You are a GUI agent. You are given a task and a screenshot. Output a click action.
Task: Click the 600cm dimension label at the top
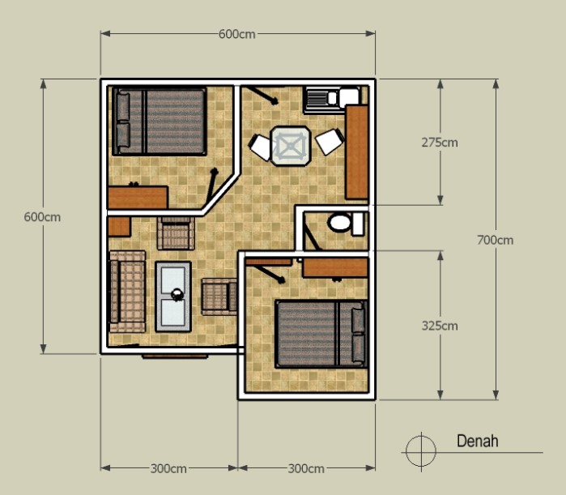coord(237,34)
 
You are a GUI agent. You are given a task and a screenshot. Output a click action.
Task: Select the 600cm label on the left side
coord(42,217)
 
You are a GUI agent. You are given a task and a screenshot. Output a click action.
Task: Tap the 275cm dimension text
coord(440,142)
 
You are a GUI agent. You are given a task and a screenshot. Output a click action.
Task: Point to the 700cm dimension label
coord(495,240)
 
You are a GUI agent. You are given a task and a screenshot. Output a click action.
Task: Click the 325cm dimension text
coord(440,326)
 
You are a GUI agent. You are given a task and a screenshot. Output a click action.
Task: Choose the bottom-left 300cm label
coord(168,469)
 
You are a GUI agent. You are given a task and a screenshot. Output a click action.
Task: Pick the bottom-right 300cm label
coord(306,469)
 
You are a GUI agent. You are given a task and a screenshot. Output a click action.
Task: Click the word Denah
coord(477,442)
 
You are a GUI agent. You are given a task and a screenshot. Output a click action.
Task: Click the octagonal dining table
coord(290,145)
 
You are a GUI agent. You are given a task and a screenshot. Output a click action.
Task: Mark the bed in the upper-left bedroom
coord(160,122)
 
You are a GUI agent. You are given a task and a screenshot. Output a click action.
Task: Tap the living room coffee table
coord(173,296)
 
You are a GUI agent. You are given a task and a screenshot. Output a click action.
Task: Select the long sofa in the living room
coord(127,292)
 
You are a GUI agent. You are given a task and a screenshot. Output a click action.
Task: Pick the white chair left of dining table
coord(261,147)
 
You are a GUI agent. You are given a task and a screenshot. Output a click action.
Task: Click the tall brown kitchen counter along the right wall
coord(356,152)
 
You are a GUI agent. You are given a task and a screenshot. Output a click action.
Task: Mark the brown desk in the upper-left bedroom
coord(138,198)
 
